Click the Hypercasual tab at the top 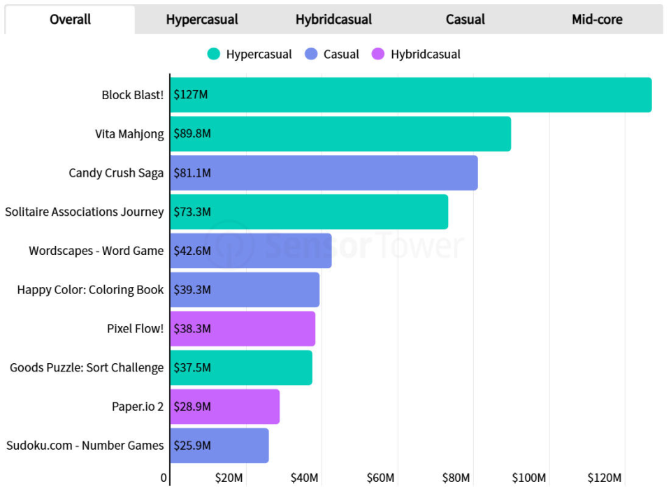[202, 20]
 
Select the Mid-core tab [597, 20]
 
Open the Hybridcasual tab [333, 20]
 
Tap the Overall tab [70, 20]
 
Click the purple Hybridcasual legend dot [378, 54]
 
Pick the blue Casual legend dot [311, 54]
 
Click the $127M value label [190, 94]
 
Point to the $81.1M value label [192, 173]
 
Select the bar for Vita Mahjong [340, 134]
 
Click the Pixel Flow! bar [243, 328]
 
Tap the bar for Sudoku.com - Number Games [219, 446]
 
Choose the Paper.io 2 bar [225, 406]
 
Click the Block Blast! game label [133, 95]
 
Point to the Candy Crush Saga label [116, 173]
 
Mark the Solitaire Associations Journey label [85, 212]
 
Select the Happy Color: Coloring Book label [90, 290]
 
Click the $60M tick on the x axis [380, 478]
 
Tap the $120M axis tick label [604, 478]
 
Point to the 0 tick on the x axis [164, 478]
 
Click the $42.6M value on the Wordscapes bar [192, 251]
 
